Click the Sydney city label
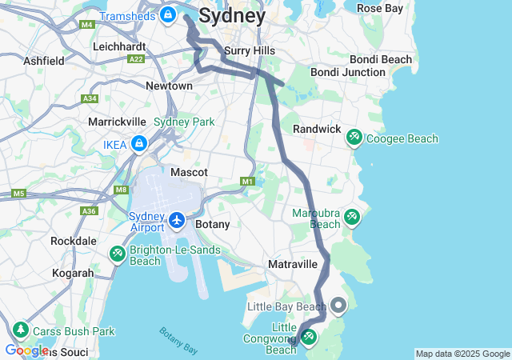232,15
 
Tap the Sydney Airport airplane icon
176,219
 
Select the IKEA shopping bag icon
139,144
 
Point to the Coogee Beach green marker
354,138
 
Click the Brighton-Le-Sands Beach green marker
117,254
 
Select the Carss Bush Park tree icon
19,330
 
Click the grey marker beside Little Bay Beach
338,305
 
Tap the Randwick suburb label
317,129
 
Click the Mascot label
189,172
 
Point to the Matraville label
294,264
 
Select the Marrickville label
117,122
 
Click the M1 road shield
247,182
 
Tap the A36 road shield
88,211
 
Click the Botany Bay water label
178,340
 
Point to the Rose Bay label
379,8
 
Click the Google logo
26,350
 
